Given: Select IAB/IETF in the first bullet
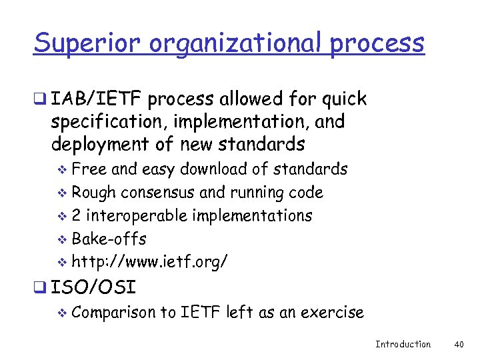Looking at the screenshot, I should tap(97, 100).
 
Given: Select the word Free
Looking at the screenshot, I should tap(86, 169).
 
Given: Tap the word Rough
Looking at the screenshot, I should tap(93, 193).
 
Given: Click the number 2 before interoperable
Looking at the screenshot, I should tap(77, 216).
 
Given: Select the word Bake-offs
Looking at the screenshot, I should tap(109, 239).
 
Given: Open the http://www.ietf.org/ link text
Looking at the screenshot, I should tap(149, 262).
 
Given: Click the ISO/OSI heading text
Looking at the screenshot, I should tap(93, 288).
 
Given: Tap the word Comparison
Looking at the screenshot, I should tap(114, 312).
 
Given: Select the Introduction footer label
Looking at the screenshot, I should tap(403, 344).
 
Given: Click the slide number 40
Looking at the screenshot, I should tap(459, 344).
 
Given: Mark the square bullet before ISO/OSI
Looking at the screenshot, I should tap(41, 289).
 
